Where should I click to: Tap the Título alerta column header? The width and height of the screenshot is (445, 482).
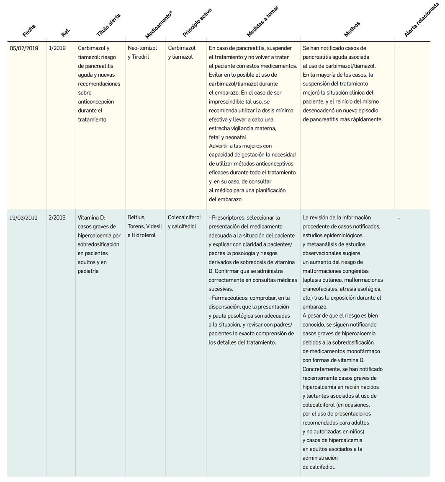tap(108, 26)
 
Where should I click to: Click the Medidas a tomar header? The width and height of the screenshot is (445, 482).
tap(262, 21)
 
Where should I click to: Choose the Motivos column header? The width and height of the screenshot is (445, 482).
tap(352, 29)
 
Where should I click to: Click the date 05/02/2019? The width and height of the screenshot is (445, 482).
tap(24, 48)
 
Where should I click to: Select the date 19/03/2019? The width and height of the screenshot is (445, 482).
tap(23, 218)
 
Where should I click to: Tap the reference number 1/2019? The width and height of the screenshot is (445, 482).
tap(57, 48)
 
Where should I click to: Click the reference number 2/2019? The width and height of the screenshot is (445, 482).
tap(57, 218)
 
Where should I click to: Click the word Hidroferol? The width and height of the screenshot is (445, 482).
tap(144, 236)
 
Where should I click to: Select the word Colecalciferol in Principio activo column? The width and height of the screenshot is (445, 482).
tap(184, 218)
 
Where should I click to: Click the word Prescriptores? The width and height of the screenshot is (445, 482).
tap(228, 218)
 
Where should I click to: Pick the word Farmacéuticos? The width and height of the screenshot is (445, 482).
tap(229, 298)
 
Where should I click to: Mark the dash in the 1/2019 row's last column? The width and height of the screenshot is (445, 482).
tap(399, 48)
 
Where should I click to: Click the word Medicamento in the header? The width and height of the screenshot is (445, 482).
tap(157, 26)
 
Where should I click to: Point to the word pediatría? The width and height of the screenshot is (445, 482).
tap(88, 271)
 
